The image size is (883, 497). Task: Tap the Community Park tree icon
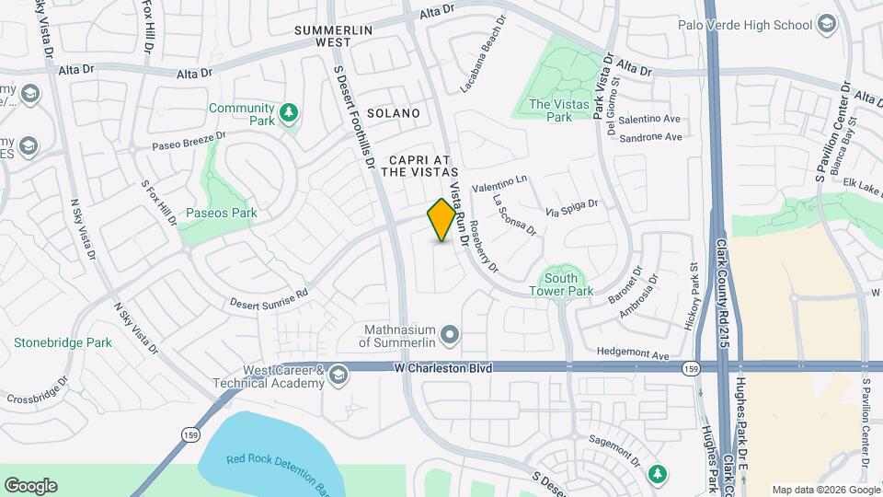pos(290,113)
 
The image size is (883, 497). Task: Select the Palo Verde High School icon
pos(825,24)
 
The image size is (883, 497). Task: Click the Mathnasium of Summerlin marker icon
pos(450,333)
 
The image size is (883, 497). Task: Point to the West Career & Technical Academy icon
pos(338,374)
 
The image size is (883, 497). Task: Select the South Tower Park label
pos(561,284)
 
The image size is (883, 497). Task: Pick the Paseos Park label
pos(219,213)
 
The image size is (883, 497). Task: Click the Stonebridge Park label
pos(63,342)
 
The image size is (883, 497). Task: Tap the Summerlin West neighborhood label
pos(333,36)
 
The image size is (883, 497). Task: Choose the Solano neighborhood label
pos(393,113)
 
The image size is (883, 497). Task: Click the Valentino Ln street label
pos(501,183)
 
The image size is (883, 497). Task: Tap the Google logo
pos(30,486)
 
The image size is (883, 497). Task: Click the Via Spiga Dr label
pos(572,207)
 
